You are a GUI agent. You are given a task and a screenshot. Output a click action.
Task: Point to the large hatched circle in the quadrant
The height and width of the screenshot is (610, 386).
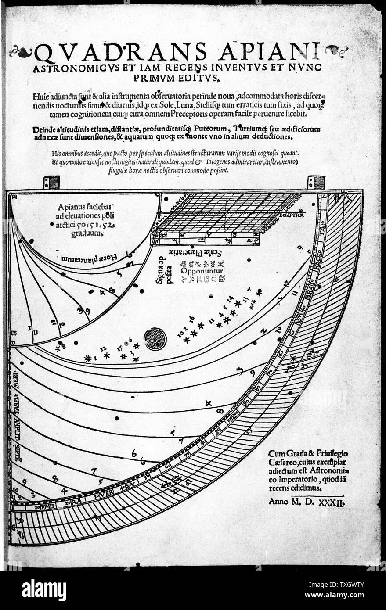coord(155,339)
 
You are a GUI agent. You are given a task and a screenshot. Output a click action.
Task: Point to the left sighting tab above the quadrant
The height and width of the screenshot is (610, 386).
coord(51,183)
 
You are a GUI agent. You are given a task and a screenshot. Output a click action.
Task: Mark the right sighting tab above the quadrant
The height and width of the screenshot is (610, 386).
coord(316,182)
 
